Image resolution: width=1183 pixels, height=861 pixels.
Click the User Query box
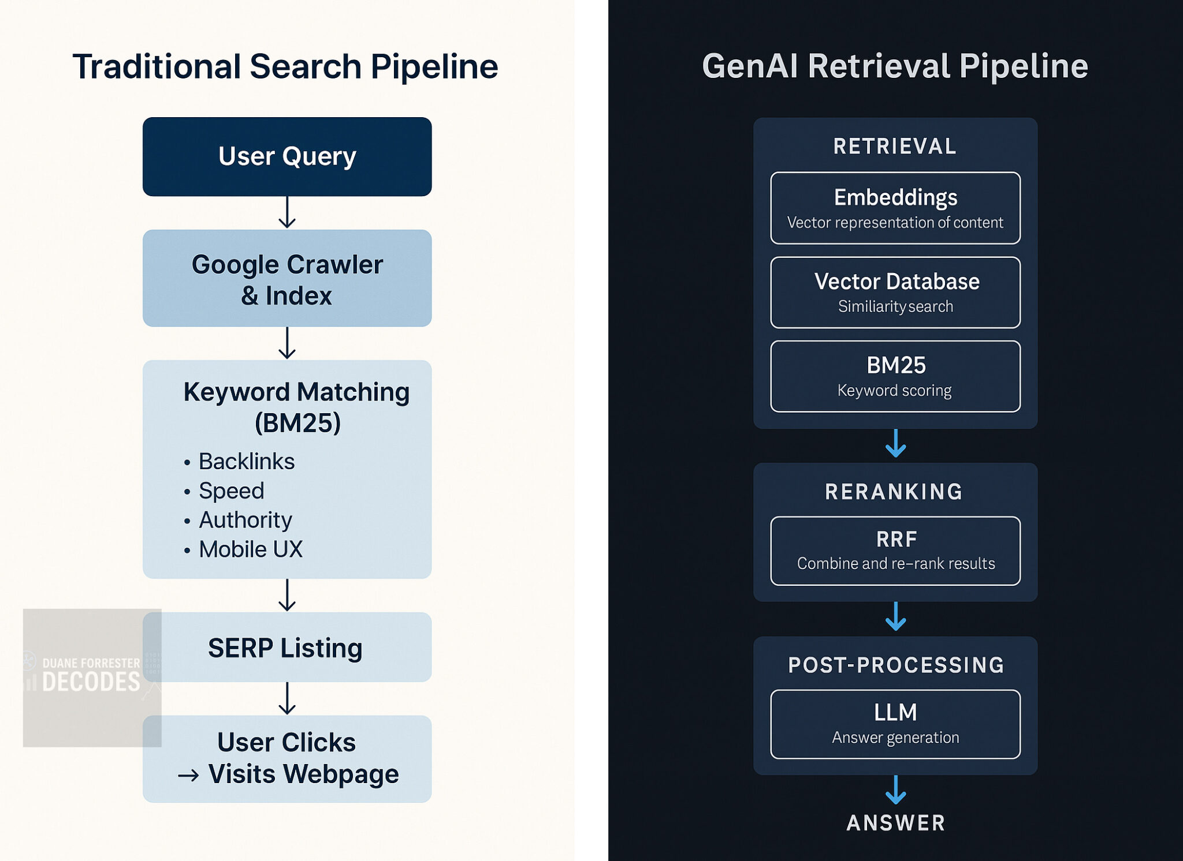[x=287, y=156]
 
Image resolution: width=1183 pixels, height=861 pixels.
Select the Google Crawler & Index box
[x=287, y=279]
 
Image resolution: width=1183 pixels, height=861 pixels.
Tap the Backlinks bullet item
[x=246, y=462]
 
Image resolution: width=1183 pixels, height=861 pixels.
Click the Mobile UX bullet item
[x=250, y=549]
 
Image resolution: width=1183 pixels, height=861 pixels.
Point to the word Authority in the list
[x=245, y=520]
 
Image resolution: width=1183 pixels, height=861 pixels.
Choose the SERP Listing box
[x=287, y=647]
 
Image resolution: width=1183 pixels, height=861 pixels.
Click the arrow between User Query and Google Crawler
[x=287, y=213]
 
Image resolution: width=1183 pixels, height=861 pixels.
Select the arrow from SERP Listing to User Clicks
[x=287, y=699]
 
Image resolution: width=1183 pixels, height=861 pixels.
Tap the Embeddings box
[x=895, y=208]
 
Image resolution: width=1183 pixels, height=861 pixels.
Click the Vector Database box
[x=895, y=293]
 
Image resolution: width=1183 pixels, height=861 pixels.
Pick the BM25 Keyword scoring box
[x=895, y=376]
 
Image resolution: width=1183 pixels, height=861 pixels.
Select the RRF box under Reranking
[x=895, y=551]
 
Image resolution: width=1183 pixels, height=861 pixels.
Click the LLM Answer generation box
[x=895, y=724]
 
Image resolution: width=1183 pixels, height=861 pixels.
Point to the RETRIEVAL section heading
[x=895, y=146]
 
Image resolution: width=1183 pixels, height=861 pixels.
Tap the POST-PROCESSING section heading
[x=895, y=665]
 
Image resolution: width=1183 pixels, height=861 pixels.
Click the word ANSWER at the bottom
[x=895, y=823]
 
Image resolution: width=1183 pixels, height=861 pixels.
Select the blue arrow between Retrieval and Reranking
[x=895, y=444]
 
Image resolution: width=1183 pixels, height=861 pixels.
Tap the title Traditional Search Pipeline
[x=285, y=66]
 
